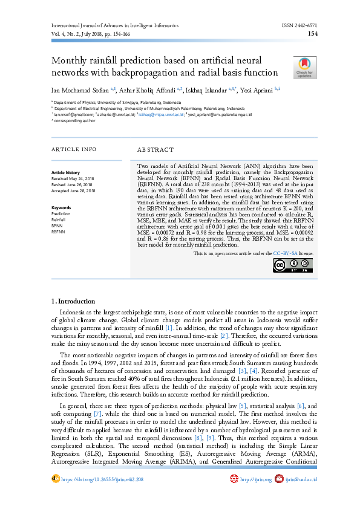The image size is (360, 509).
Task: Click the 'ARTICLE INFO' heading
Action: click(74, 149)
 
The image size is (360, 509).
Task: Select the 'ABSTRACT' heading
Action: click(155, 149)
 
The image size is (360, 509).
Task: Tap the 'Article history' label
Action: click(65, 173)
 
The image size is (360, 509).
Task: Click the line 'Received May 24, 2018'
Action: click(74, 179)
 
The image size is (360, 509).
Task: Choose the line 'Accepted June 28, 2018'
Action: click(74, 190)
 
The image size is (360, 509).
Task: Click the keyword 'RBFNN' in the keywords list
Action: click(59, 232)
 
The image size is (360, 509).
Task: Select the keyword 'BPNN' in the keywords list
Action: click(57, 225)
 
